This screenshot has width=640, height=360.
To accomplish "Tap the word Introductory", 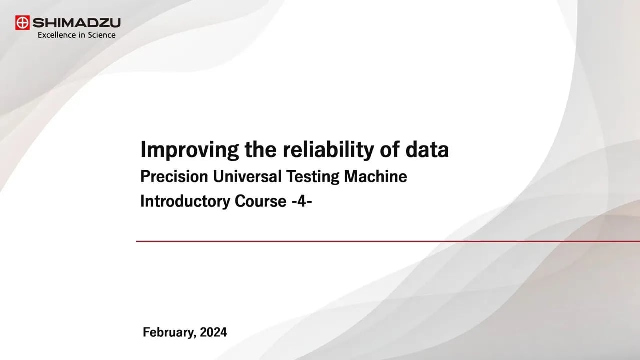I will click(184, 201).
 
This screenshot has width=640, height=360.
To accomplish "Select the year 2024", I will click(213, 332).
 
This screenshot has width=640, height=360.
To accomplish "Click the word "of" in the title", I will click(385, 150).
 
